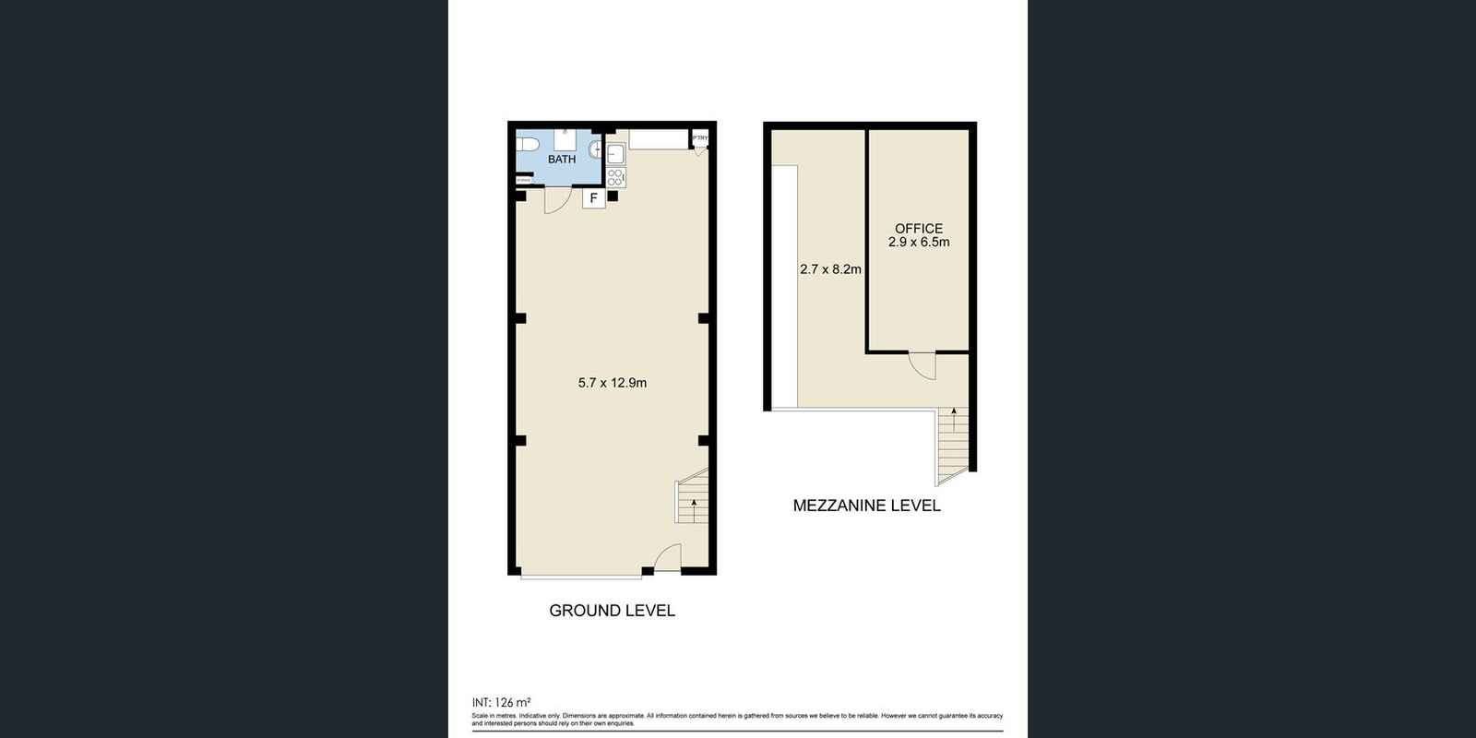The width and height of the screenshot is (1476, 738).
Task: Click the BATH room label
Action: [562, 159]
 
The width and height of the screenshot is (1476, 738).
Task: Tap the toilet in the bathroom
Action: [527, 145]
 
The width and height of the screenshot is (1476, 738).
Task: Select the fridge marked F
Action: [594, 197]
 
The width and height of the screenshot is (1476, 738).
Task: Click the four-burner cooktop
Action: [614, 176]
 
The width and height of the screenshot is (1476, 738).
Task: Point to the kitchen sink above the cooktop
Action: [615, 153]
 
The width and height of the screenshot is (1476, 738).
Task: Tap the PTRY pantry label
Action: [701, 139]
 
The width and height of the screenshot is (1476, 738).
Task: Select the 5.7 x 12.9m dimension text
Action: [612, 383]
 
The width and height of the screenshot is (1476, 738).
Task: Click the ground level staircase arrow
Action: [693, 504]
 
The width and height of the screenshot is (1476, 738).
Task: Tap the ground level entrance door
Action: [667, 557]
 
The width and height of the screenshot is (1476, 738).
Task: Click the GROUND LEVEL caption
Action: [612, 611]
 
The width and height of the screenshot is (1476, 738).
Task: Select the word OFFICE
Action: [919, 229]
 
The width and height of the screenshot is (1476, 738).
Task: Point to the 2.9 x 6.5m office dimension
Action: [919, 243]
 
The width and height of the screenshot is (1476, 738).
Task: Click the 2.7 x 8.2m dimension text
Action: [830, 269]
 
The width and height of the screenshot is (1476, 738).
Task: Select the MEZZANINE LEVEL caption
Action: [866, 506]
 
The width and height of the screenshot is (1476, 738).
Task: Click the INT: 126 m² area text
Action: [501, 701]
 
